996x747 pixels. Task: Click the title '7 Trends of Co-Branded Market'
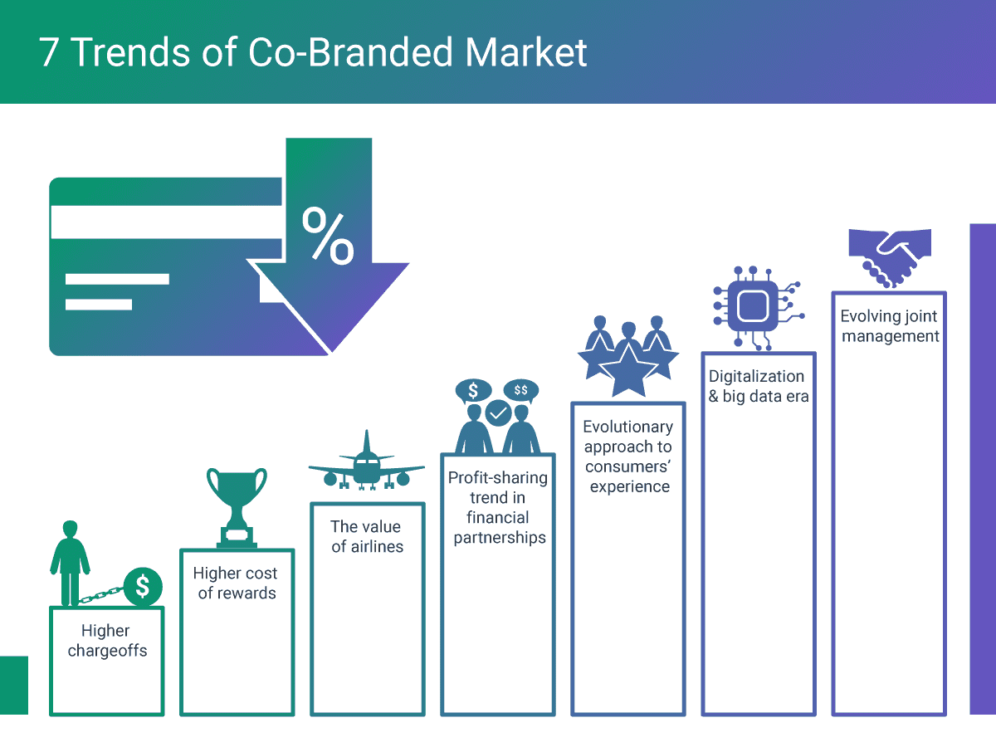pos(313,52)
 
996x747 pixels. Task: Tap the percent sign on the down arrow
pos(328,236)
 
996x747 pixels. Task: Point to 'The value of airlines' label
pos(367,536)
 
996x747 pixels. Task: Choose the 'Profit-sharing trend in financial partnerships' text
pos(498,507)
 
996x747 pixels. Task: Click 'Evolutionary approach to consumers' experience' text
pos(628,456)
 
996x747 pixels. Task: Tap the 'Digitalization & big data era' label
pos(759,386)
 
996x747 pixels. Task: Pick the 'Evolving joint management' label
pos(890,325)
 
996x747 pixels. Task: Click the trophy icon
pos(237,508)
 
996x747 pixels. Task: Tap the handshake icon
pos(890,258)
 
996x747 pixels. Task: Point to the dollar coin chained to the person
pos(143,587)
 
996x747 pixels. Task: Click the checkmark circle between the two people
pos(498,413)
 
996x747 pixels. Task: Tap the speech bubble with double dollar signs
pos(521,390)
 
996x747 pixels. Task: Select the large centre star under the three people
pos(628,369)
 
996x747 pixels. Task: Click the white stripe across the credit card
pos(166,222)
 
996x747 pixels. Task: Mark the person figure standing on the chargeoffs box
pos(70,563)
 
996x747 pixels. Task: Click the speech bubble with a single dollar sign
pos(473,390)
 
